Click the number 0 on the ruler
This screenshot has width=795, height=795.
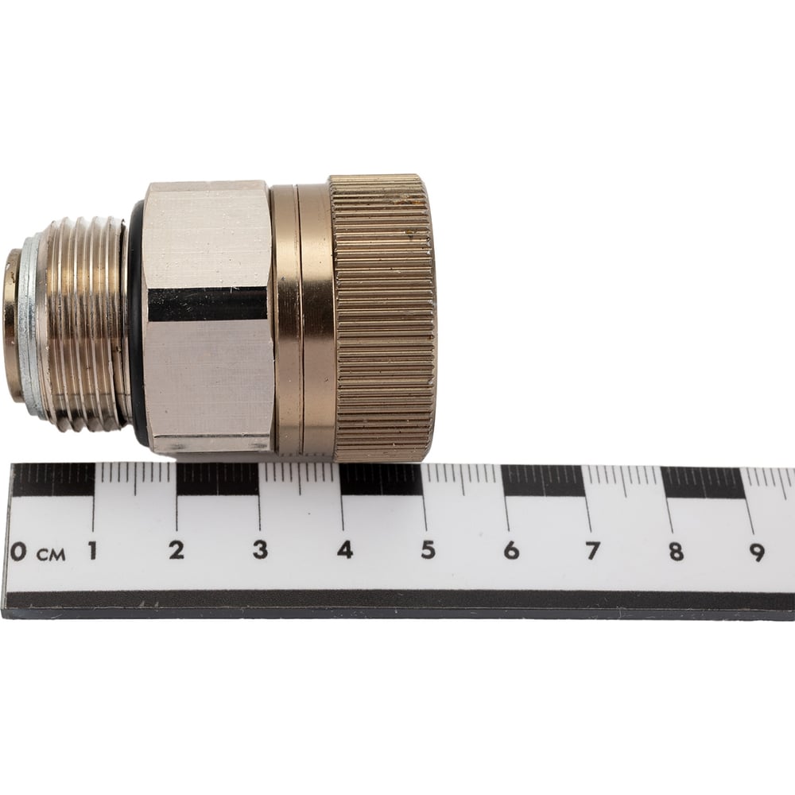click(x=18, y=551)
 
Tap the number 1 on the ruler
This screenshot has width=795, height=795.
click(x=93, y=551)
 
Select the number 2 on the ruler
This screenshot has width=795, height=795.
click(x=176, y=550)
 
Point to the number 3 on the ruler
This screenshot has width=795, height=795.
click(x=260, y=549)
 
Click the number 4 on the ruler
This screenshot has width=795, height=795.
click(x=345, y=549)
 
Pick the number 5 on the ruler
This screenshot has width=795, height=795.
click(x=429, y=549)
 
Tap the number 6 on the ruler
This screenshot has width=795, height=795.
click(x=511, y=550)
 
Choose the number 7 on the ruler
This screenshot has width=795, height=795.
click(x=593, y=551)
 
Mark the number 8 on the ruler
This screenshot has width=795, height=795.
click(x=675, y=551)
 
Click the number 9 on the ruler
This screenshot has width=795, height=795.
click(x=757, y=553)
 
